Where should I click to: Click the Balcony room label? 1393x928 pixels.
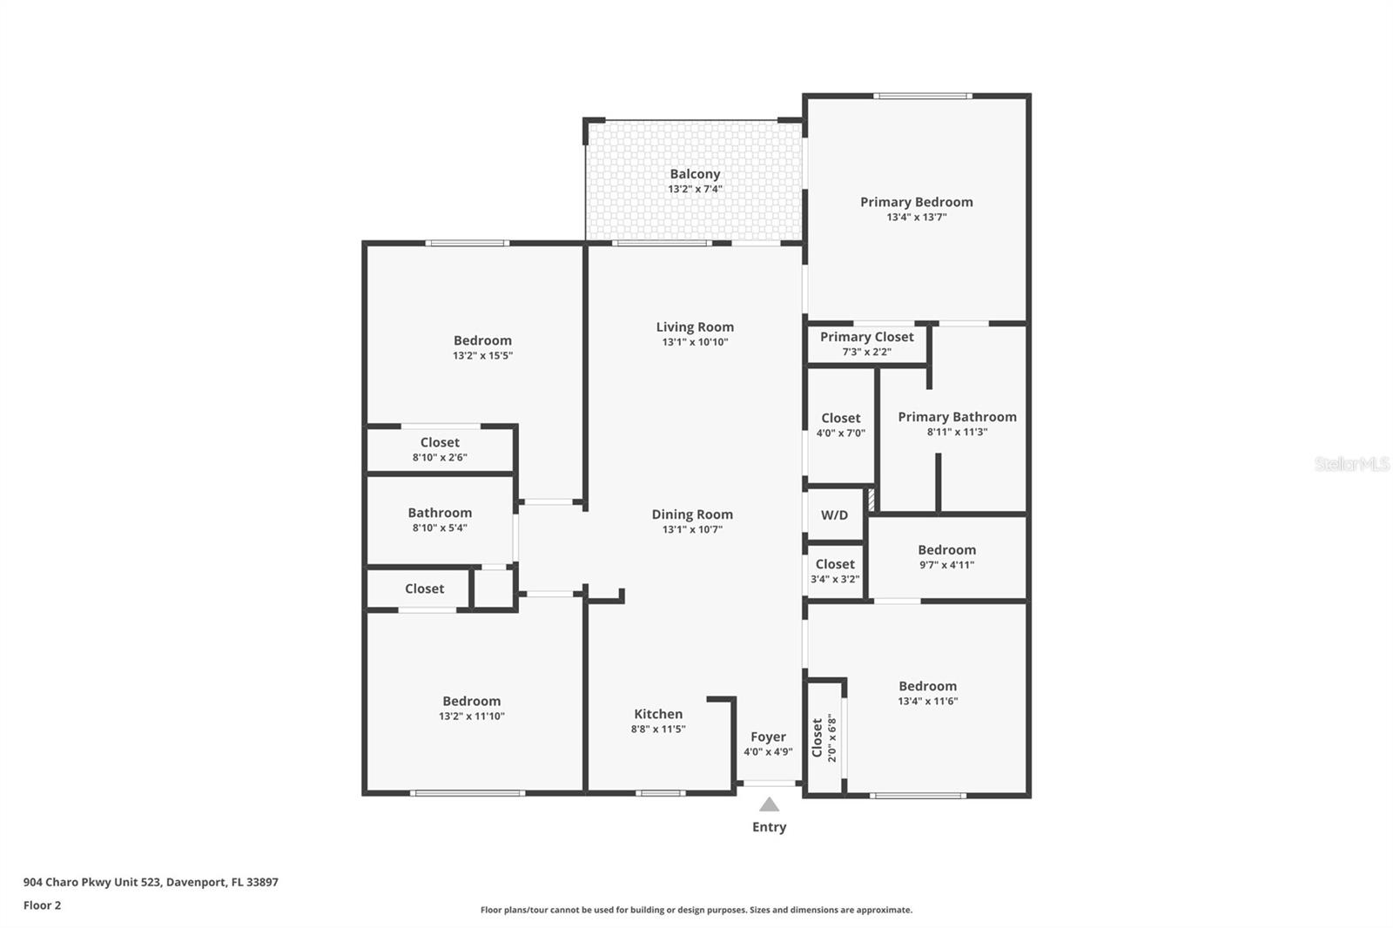pos(695,174)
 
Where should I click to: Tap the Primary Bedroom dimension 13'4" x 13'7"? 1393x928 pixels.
pos(916,218)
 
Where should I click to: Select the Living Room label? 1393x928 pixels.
pos(695,327)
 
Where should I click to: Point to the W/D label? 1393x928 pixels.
pos(834,515)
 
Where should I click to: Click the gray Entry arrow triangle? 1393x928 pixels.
pos(769,804)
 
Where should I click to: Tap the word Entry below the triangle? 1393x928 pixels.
pos(769,827)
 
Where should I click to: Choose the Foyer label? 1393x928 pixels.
pos(768,737)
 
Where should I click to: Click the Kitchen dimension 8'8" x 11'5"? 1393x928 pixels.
pos(658,730)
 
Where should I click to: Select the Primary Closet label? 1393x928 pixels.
pos(866,337)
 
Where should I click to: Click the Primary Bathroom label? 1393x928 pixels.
pos(957,417)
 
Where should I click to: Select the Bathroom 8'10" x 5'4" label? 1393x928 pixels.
pos(440,514)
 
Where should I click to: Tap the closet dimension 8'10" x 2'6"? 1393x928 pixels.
pos(440,457)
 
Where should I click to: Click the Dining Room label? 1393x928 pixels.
pos(692,514)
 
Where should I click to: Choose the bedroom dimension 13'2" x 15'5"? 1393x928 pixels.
pos(482,356)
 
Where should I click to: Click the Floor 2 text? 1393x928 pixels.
pos(42,905)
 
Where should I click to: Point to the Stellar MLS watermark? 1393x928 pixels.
pos(1351,464)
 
